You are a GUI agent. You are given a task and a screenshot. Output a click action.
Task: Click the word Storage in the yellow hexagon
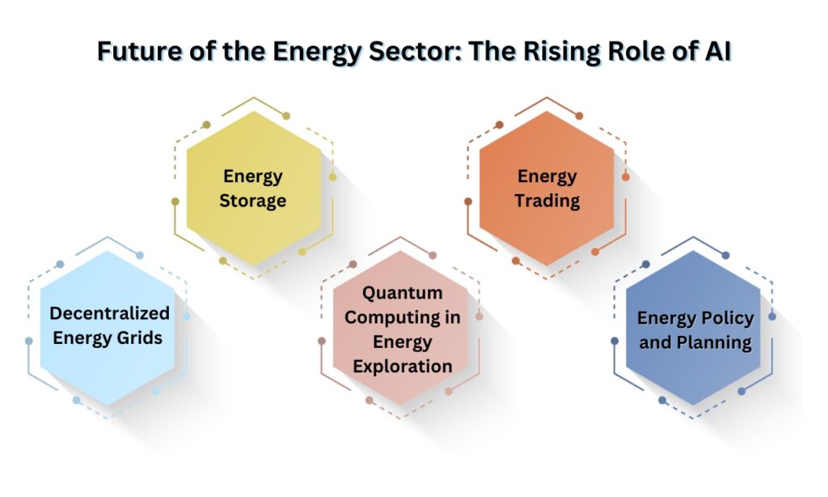point(253,200)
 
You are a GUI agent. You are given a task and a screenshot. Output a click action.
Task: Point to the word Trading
point(547,200)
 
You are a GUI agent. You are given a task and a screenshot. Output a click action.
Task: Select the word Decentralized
point(109,313)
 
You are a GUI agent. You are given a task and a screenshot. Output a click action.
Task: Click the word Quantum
point(402,292)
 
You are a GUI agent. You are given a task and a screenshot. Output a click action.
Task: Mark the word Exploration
point(402,366)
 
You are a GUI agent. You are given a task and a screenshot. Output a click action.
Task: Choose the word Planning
point(712,342)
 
